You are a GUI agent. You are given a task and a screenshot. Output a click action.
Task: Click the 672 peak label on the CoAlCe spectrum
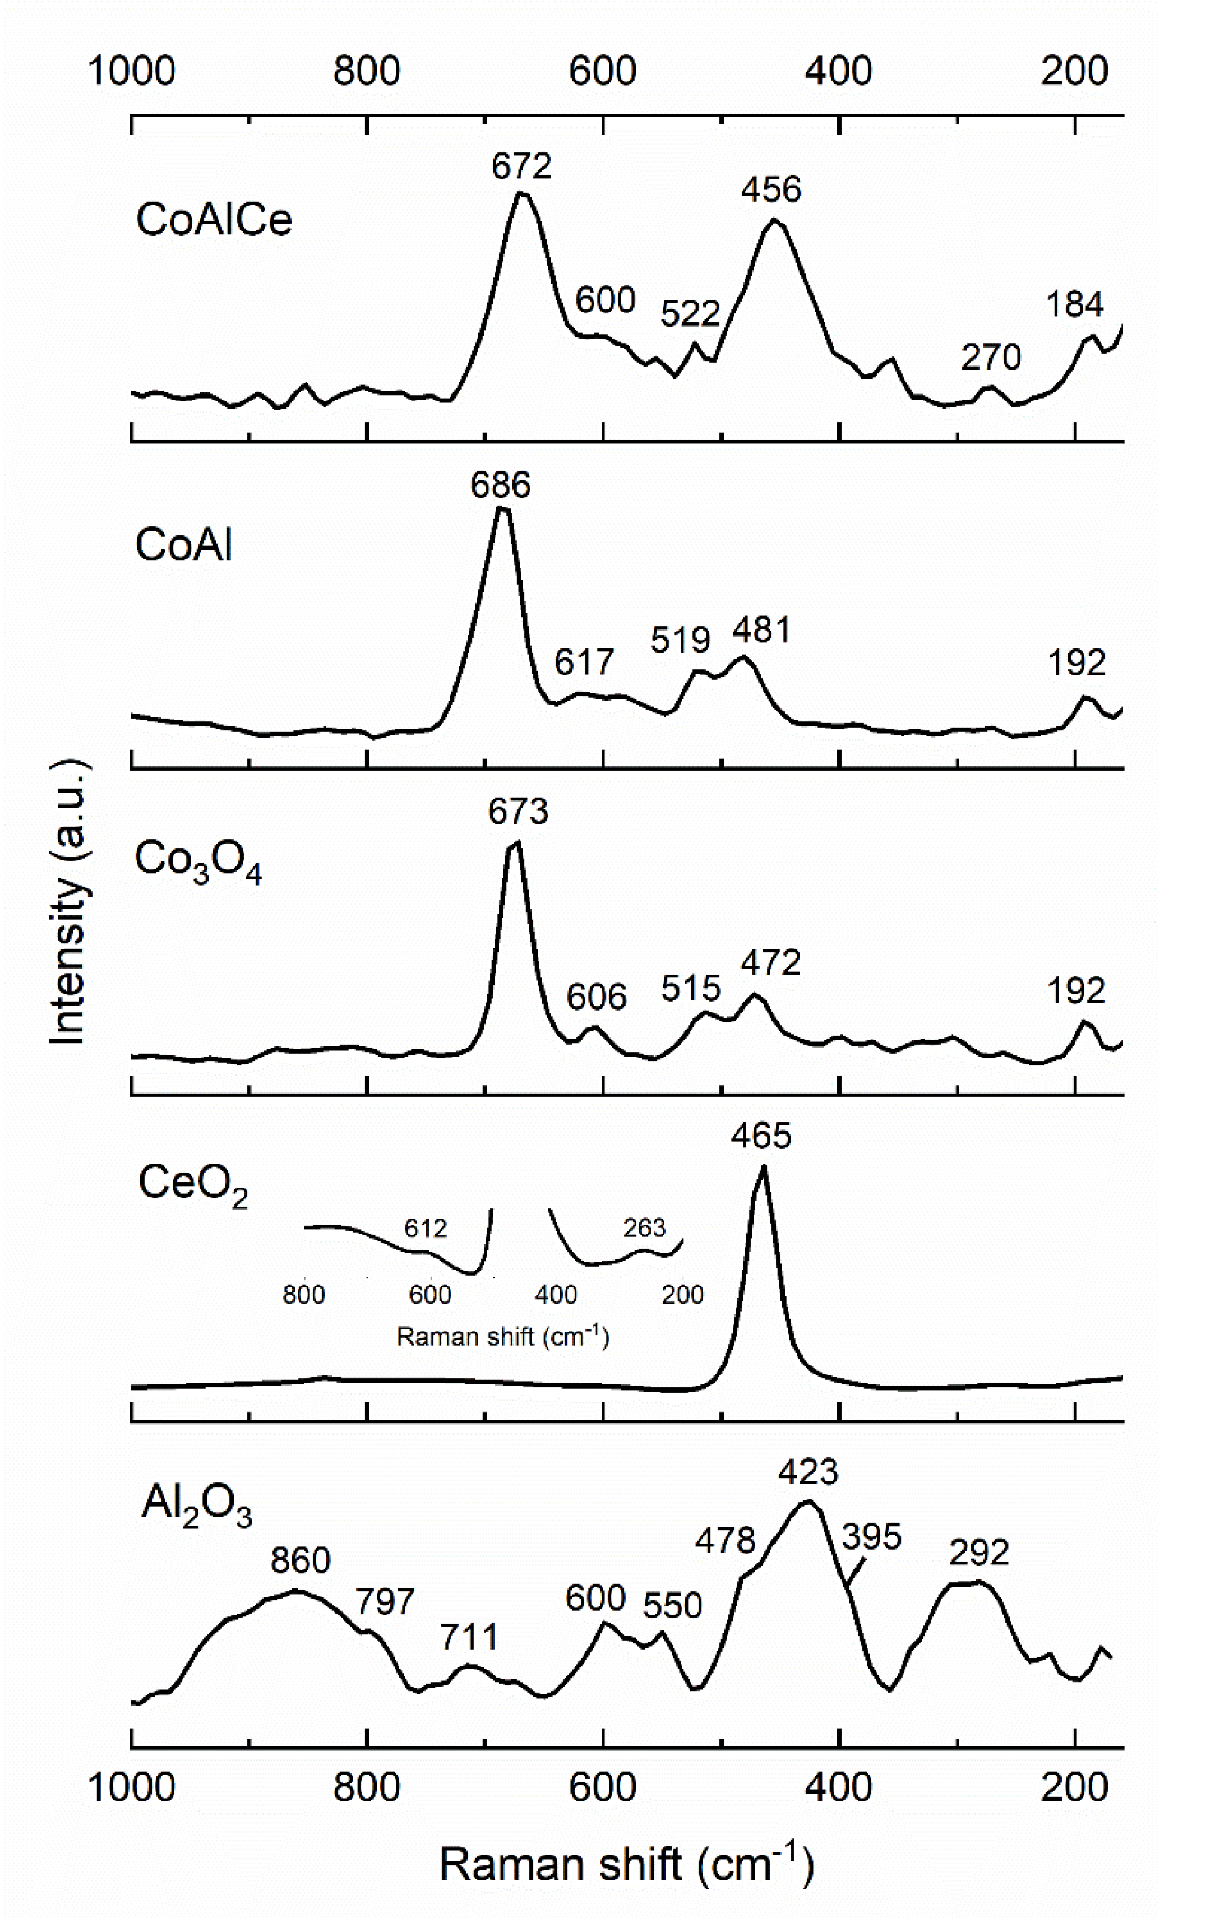521,166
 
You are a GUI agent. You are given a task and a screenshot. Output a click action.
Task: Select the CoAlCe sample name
214,219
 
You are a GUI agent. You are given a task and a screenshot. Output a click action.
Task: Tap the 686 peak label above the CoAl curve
500,485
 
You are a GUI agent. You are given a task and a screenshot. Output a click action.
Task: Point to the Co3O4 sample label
197,862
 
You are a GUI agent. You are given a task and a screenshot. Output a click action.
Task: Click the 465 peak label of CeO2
761,1136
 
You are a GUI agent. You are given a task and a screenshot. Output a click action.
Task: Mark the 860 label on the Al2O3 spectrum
301,1560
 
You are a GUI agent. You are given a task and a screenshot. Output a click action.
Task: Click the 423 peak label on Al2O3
808,1472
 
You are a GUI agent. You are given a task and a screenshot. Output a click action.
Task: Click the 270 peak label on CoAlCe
990,358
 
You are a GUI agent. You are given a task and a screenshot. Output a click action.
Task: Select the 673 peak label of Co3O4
519,812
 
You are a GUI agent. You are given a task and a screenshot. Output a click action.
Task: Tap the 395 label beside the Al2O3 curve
871,1536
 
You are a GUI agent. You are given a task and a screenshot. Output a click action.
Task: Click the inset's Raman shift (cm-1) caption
502,1337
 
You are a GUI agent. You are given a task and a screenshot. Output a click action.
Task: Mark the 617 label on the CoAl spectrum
584,662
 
